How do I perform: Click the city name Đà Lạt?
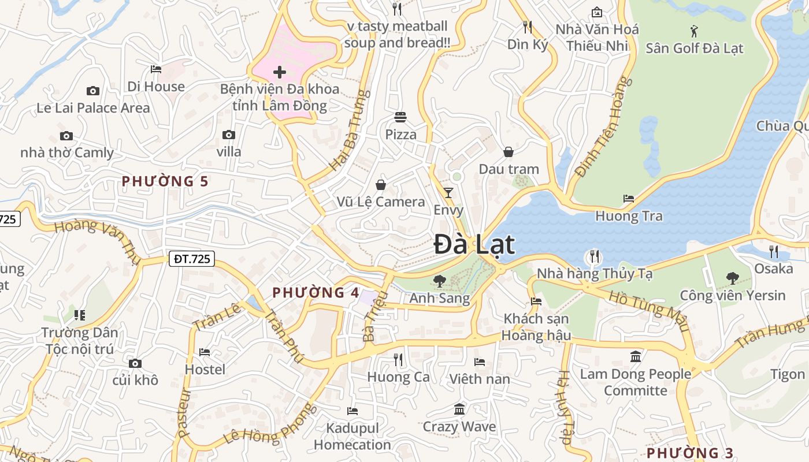(474, 244)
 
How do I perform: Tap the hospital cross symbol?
(280, 72)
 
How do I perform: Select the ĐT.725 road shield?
(192, 259)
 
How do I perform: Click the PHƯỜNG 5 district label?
(165, 181)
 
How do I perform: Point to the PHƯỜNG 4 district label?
(316, 293)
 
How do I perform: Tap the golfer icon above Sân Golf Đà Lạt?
(694, 31)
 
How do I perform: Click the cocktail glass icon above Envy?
(448, 193)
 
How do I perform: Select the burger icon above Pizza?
(400, 117)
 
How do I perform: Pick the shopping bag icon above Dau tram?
(509, 152)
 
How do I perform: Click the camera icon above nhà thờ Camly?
(66, 136)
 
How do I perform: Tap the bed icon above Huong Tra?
(629, 199)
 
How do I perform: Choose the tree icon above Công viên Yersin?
(732, 278)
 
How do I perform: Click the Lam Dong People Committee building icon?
(636, 356)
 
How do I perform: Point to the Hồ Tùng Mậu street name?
(650, 310)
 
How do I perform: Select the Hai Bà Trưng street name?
(349, 131)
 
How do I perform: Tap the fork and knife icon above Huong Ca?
(398, 360)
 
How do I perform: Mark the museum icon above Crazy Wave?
(459, 409)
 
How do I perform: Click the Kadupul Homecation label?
(352, 437)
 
